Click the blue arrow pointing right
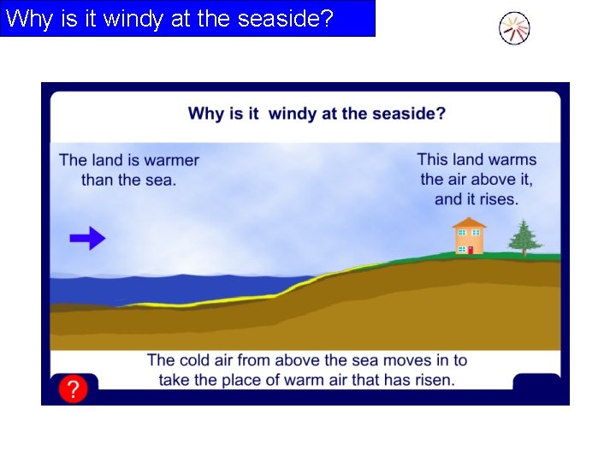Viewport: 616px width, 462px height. pyautogui.click(x=87, y=239)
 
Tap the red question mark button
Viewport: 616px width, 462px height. pyautogui.click(x=74, y=390)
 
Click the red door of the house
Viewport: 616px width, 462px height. pyautogui.click(x=470, y=250)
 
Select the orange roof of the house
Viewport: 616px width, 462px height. pyautogui.click(x=469, y=222)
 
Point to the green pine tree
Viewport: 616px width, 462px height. pyautogui.click(x=524, y=237)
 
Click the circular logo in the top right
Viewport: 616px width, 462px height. pyautogui.click(x=514, y=29)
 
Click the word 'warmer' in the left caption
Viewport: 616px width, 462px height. pyautogui.click(x=171, y=160)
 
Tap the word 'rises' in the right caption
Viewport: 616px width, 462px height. pyautogui.click(x=499, y=199)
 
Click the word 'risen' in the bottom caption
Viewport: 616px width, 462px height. pyautogui.click(x=433, y=379)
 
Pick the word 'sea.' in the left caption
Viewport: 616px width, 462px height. pyautogui.click(x=161, y=180)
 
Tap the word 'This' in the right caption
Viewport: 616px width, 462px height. pyautogui.click(x=434, y=159)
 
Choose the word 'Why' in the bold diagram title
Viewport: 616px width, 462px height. pyautogui.click(x=205, y=113)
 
